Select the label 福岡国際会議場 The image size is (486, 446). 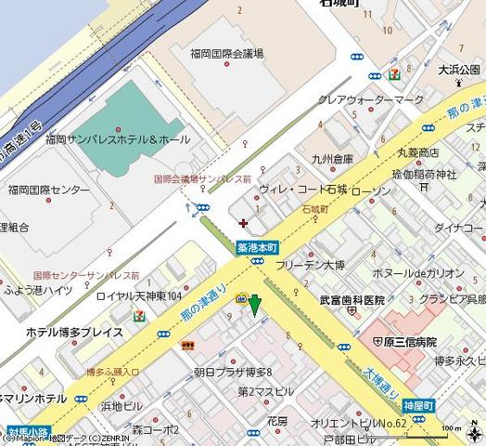pos(226,55)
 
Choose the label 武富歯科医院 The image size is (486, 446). pos(352,300)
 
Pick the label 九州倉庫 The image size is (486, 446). pos(332,158)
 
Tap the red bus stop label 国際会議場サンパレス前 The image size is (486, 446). pos(202,178)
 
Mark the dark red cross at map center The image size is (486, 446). pos(243,223)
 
